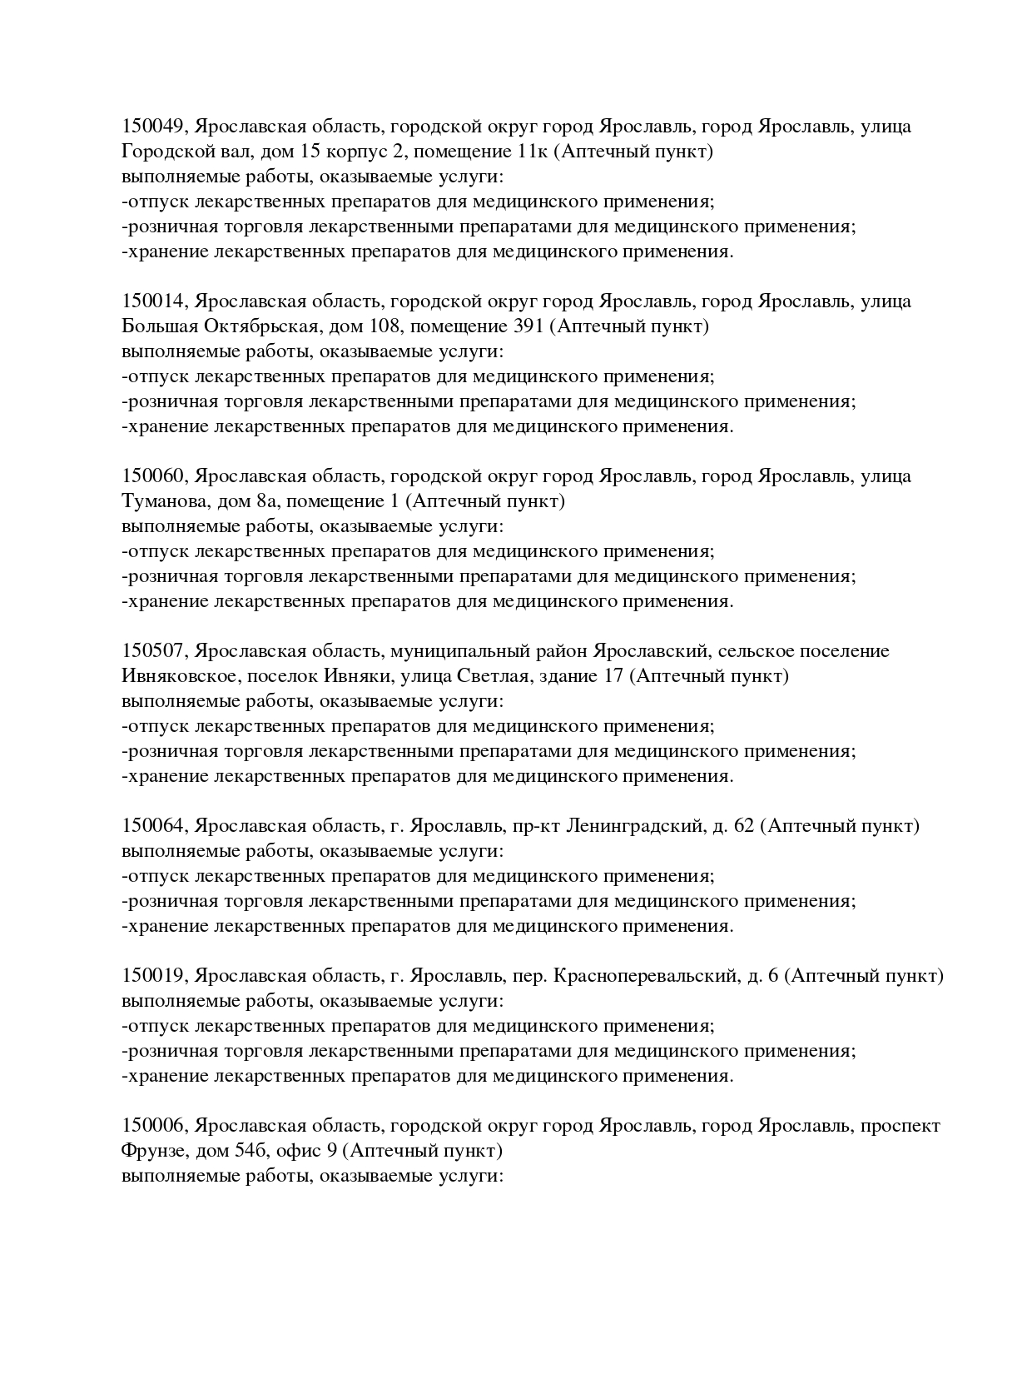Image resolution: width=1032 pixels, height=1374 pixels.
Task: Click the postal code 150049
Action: coord(156,127)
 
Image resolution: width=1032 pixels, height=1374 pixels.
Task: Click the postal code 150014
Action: coord(156,301)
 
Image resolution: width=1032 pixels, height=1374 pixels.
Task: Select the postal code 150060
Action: coord(156,476)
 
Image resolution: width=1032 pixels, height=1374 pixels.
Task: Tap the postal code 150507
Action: coord(156,651)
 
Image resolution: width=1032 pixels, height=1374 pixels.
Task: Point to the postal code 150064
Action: coord(156,826)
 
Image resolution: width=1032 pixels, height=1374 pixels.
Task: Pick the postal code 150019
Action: coord(156,976)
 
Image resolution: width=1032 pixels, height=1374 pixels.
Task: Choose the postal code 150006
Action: coord(156,1126)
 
